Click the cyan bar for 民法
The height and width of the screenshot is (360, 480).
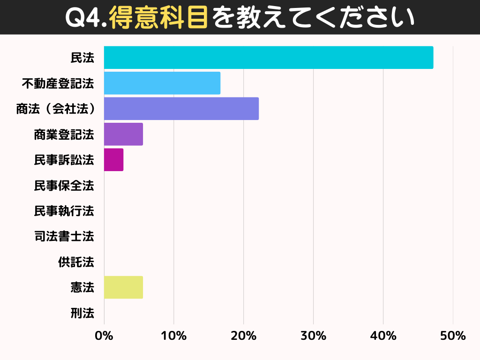coord(268,58)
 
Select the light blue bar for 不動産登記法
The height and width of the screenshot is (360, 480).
coord(162,83)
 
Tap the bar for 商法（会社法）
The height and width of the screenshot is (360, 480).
coord(181,109)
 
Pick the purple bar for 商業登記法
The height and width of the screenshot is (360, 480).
coord(123,134)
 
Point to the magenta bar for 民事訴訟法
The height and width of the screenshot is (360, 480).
coord(113,160)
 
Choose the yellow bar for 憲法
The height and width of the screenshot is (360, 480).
coord(123,287)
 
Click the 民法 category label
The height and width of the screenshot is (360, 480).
coord(82,58)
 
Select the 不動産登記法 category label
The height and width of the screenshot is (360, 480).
coord(58,83)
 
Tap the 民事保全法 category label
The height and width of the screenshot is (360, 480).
coord(64,186)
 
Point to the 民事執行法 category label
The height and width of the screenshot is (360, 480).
coord(64,211)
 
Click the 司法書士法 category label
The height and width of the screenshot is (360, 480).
coord(64,236)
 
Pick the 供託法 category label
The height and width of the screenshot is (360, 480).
coord(76,262)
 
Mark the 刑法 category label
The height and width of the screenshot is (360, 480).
coord(82,313)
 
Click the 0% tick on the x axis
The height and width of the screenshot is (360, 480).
coord(104,336)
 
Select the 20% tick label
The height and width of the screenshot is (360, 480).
coord(243,336)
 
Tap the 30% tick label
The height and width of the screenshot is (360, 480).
coord(313,336)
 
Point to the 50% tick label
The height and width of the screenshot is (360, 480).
coord(453,336)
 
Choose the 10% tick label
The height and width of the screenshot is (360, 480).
coord(173,336)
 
